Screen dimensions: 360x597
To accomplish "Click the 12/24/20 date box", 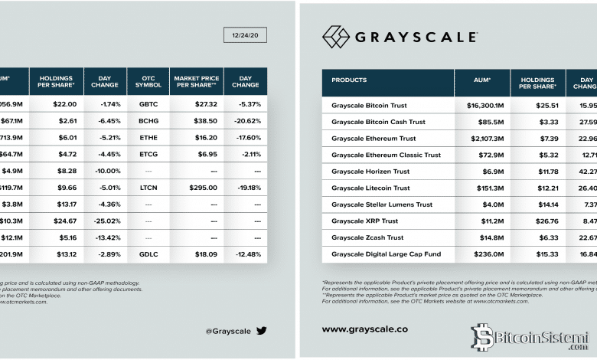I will (x=245, y=34).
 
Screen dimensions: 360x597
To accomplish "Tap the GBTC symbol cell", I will (x=148, y=104).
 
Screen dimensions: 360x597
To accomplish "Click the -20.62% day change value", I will (x=246, y=121).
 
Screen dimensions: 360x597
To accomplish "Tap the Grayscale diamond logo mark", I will (x=335, y=37).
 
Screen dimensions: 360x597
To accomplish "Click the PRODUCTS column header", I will (x=349, y=80).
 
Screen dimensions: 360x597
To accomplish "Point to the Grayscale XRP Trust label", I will (x=366, y=221).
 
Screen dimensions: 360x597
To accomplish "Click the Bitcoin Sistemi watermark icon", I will (x=481, y=337).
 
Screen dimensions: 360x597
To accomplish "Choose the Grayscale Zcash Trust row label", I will (x=369, y=237).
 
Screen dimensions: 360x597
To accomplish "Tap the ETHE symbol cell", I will (x=148, y=138).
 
